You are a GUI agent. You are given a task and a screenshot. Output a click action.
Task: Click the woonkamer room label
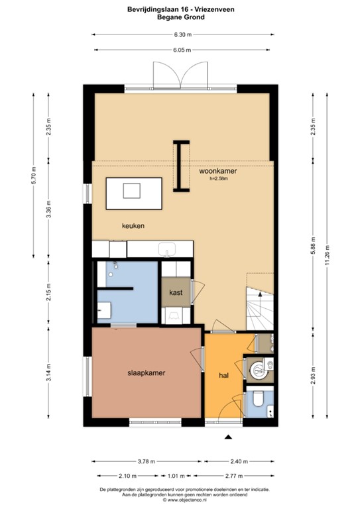[x=218, y=170]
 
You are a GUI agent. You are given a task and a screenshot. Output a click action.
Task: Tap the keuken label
[x=133, y=226]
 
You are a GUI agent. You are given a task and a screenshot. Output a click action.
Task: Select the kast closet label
[x=176, y=292]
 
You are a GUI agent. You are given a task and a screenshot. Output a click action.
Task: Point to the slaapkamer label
[x=146, y=373]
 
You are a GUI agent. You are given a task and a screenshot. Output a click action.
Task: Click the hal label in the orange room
[x=224, y=376]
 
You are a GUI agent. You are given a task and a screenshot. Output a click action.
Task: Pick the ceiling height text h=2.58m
[x=218, y=178]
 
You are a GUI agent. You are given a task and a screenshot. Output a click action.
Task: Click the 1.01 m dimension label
[x=175, y=476]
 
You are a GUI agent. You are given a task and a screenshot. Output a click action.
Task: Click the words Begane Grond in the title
[x=180, y=17]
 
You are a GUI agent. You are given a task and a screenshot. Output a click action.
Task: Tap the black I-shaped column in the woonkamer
[x=180, y=166]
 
